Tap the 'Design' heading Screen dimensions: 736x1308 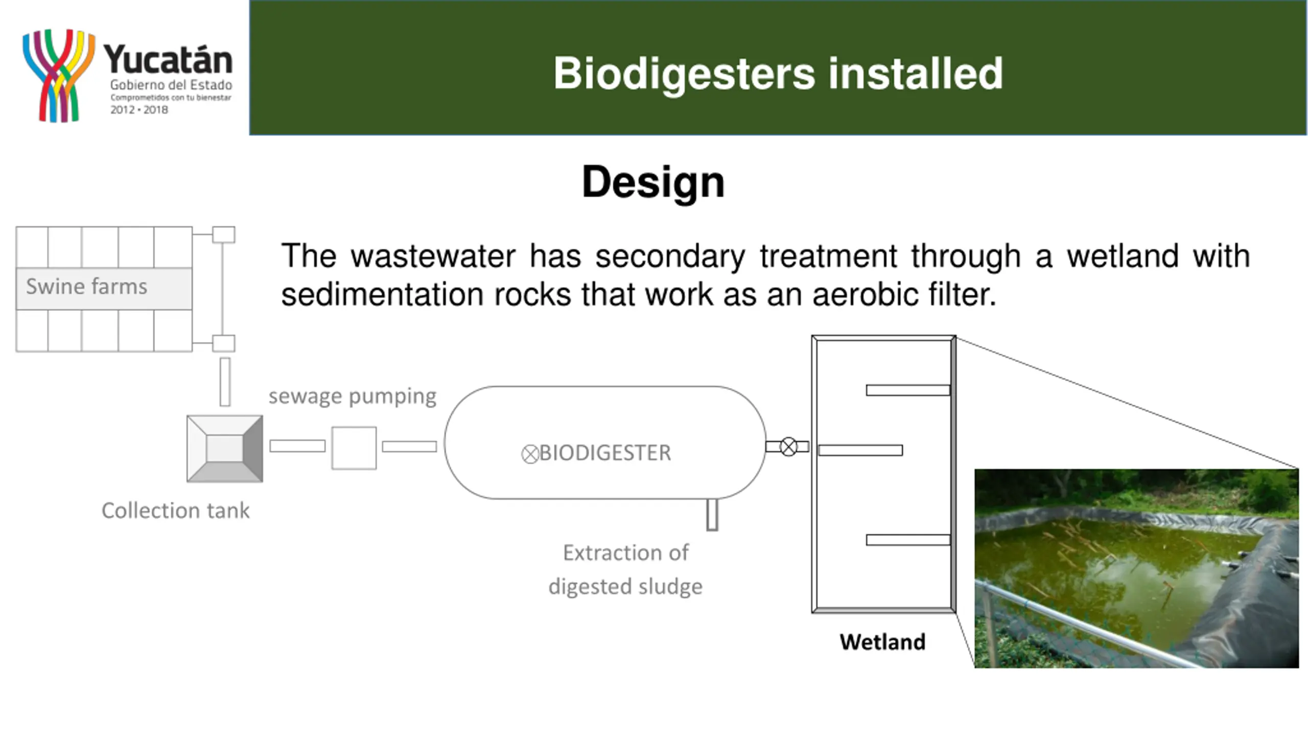pos(653,182)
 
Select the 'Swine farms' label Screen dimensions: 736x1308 pos(87,287)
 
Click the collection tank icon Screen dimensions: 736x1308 pos(225,449)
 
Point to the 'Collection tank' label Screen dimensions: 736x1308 pos(175,511)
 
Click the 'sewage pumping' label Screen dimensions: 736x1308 pos(353,396)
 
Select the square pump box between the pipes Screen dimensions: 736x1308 pos(354,448)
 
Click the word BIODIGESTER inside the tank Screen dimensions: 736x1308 pos(605,453)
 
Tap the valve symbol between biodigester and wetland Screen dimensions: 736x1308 pos(788,447)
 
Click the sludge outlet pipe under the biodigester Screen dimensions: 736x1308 pos(712,515)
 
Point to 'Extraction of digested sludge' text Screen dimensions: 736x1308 pos(625,569)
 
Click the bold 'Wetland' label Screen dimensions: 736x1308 pos(882,642)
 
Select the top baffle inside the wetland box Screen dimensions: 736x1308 pos(907,390)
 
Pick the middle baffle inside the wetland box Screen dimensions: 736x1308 pos(860,450)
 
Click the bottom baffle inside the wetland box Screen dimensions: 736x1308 pos(907,540)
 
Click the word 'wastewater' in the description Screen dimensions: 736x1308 pos(433,256)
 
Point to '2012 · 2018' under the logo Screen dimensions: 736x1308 pos(139,110)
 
